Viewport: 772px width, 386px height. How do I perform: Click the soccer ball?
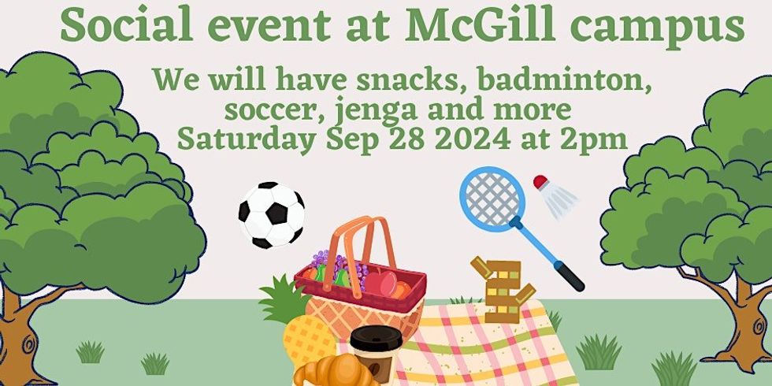click(271, 215)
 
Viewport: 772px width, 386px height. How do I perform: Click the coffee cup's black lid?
click(376, 337)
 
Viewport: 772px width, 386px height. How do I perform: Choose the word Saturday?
click(240, 139)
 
